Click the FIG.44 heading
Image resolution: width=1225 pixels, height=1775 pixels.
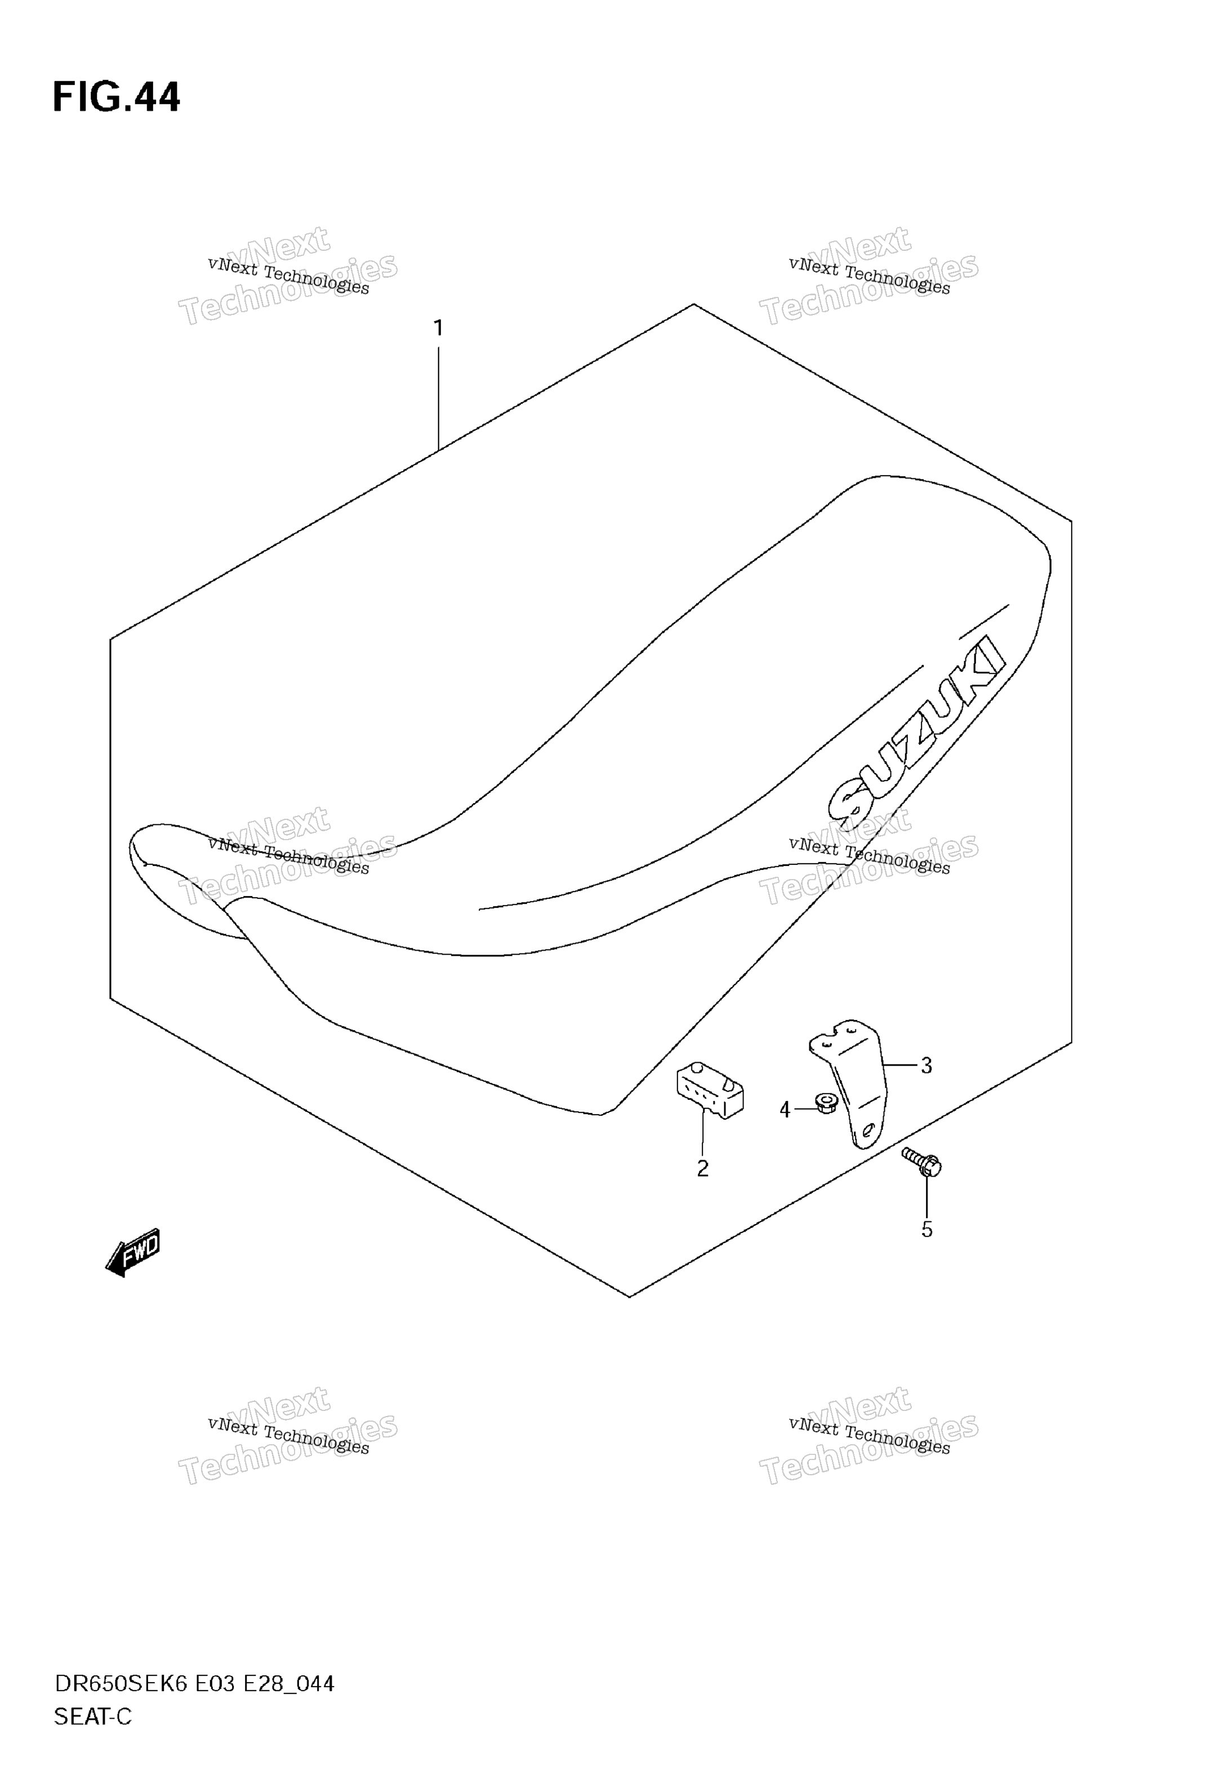(116, 97)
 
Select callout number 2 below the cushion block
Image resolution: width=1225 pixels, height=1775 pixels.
(702, 1169)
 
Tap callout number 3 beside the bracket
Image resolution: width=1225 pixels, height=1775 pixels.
(926, 1066)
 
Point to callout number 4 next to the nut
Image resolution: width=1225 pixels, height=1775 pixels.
(785, 1110)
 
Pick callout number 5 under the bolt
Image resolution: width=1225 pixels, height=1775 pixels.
(926, 1230)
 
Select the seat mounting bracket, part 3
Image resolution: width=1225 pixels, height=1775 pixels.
(850, 1082)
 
